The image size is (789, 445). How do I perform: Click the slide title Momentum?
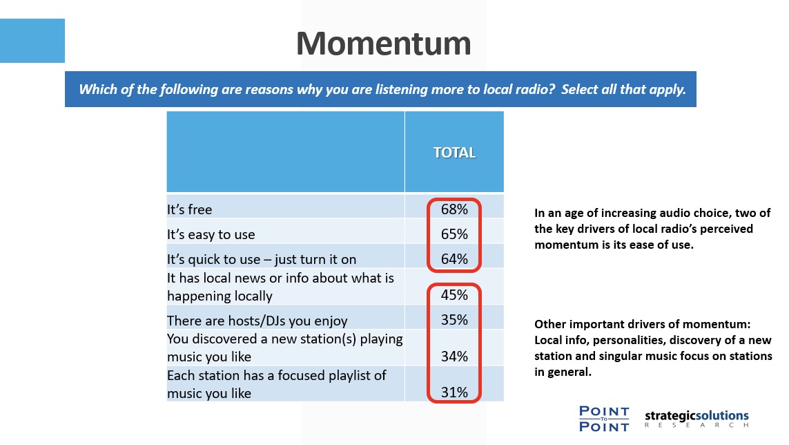pyautogui.click(x=383, y=44)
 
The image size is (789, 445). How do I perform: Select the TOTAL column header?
pyautogui.click(x=454, y=153)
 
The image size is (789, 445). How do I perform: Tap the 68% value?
pyautogui.click(x=454, y=209)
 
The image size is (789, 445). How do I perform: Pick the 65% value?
pyautogui.click(x=454, y=234)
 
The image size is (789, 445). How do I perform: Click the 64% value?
pyautogui.click(x=454, y=258)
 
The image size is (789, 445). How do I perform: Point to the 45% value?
pyautogui.click(x=454, y=295)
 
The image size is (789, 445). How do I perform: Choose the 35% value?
pyautogui.click(x=454, y=319)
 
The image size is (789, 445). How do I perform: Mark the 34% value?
pyautogui.click(x=454, y=357)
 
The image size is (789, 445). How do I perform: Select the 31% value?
pyautogui.click(x=454, y=392)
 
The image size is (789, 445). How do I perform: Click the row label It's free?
pyautogui.click(x=190, y=209)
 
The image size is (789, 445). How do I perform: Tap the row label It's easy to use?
pyautogui.click(x=211, y=234)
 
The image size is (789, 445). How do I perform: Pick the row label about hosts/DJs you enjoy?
pyautogui.click(x=257, y=321)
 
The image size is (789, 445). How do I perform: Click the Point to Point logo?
pyautogui.click(x=604, y=419)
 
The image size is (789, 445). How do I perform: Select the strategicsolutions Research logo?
pyautogui.click(x=697, y=419)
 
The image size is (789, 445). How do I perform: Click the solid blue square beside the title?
pyautogui.click(x=32, y=41)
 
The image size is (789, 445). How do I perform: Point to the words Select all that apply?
pyautogui.click(x=623, y=89)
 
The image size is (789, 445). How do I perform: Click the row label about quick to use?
pyautogui.click(x=262, y=259)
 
